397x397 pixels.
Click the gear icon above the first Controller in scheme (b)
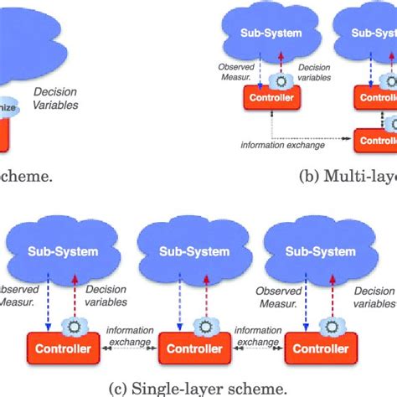pyautogui.click(x=281, y=81)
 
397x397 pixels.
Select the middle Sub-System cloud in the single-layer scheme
pyautogui.click(x=195, y=251)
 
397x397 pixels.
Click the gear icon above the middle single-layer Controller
pyautogui.click(x=201, y=324)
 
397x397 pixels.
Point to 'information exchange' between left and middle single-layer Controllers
pyautogui.click(x=129, y=335)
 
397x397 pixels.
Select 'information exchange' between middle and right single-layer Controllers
pyautogui.click(x=259, y=335)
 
